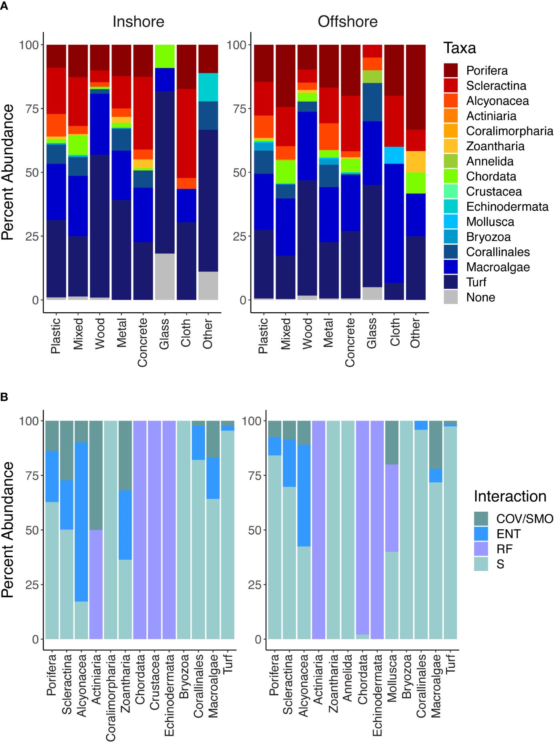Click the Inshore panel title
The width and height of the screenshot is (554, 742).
pos(138,22)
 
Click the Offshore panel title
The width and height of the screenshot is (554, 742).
pos(347,22)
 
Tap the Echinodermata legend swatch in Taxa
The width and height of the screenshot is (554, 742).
pos(450,206)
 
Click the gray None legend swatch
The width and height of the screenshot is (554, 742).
pos(450,297)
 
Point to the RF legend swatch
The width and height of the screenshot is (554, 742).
pos(481,549)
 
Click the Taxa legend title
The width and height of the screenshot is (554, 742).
pos(460,48)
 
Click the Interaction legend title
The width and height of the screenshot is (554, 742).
pos(510,496)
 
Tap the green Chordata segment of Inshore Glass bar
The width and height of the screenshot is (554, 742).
pos(165,56)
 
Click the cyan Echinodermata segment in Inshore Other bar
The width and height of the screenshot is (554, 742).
pos(208,87)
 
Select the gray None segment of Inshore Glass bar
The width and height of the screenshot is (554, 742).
pos(165,277)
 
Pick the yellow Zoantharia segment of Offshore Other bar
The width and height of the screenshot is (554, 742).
pos(416,162)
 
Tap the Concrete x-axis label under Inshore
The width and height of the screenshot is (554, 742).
pos(143,342)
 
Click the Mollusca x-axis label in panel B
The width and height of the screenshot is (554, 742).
pos(392,678)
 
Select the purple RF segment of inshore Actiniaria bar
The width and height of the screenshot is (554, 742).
pos(96,584)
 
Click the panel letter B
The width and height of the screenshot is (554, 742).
pos(4,397)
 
